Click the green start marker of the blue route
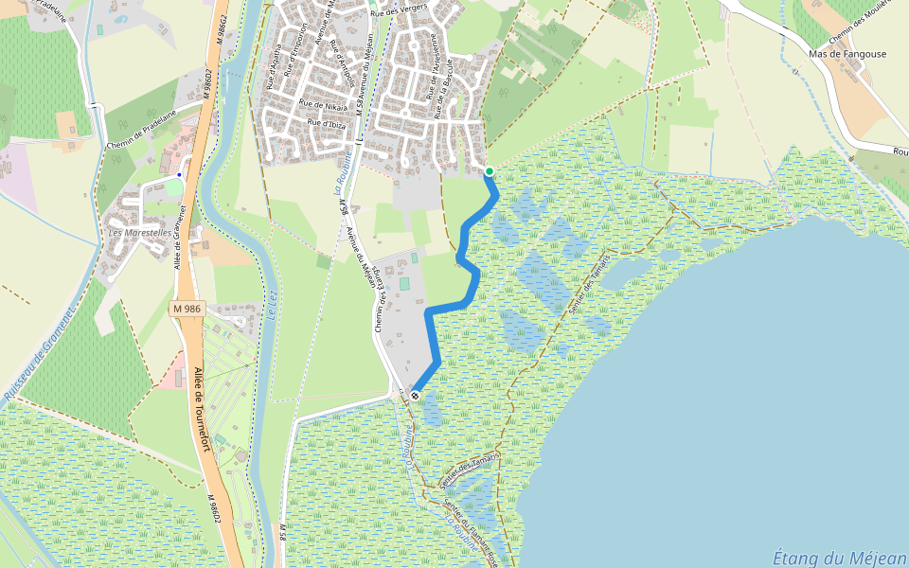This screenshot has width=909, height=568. coord(490,170)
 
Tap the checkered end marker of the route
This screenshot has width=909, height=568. coord(415,395)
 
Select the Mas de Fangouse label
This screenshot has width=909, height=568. coord(848,54)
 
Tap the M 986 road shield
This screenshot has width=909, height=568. coord(187,309)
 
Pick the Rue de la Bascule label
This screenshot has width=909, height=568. coord(443,80)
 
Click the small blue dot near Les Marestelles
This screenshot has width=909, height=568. coord(179,175)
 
